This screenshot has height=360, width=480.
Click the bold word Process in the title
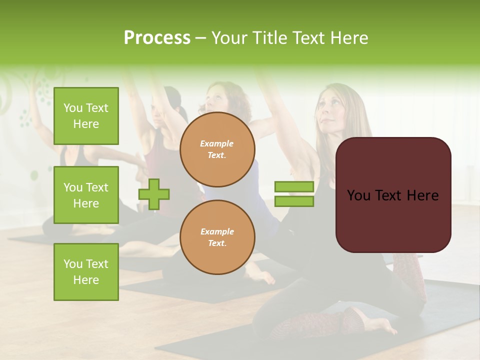tap(157, 38)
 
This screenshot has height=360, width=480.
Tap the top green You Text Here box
tap(86, 116)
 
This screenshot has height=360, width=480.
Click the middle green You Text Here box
tap(86, 195)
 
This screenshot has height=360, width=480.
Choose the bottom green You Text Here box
tap(86, 272)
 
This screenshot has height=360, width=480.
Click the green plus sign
tap(154, 194)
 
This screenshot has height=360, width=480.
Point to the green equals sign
tap(294, 194)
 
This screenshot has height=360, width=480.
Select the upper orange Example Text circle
tap(217, 149)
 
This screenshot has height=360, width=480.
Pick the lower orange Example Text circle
tap(217, 237)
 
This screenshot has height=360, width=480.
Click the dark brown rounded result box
tap(393, 195)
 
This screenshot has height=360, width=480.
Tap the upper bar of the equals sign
tap(294, 187)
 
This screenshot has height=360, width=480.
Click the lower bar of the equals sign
tap(294, 201)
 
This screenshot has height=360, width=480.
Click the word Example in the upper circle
tap(217, 143)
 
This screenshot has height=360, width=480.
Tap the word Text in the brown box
tap(393, 195)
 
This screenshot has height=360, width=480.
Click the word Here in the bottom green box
tap(86, 280)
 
